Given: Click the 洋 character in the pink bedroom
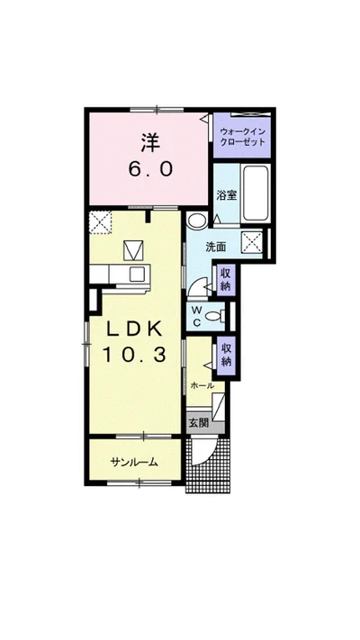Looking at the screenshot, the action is pos(149,142).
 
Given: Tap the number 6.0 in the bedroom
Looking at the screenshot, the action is pos(150,168).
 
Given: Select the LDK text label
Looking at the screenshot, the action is pos(135,329).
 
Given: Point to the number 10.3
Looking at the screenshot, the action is pos(134,355).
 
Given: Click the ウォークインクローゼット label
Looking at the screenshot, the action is pos(242,137).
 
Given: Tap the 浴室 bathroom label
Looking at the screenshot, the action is pos(226,195).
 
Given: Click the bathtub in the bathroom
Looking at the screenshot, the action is pos(256,194).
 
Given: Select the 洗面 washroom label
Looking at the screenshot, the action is pos(215,247).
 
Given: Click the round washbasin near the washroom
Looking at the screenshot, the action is pos(195,221).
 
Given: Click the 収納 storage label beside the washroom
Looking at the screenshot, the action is pos(225,278).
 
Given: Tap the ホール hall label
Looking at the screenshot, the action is pos(202,385).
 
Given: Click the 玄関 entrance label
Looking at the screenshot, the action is pos(199,423).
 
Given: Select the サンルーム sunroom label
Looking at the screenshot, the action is pos(134,462).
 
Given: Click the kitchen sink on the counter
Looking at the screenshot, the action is pos(137,274).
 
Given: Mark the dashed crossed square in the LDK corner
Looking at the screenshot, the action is pos(101,222).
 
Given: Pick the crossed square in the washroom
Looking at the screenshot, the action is pos(251,242).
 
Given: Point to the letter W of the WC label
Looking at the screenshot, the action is pos(196,307).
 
